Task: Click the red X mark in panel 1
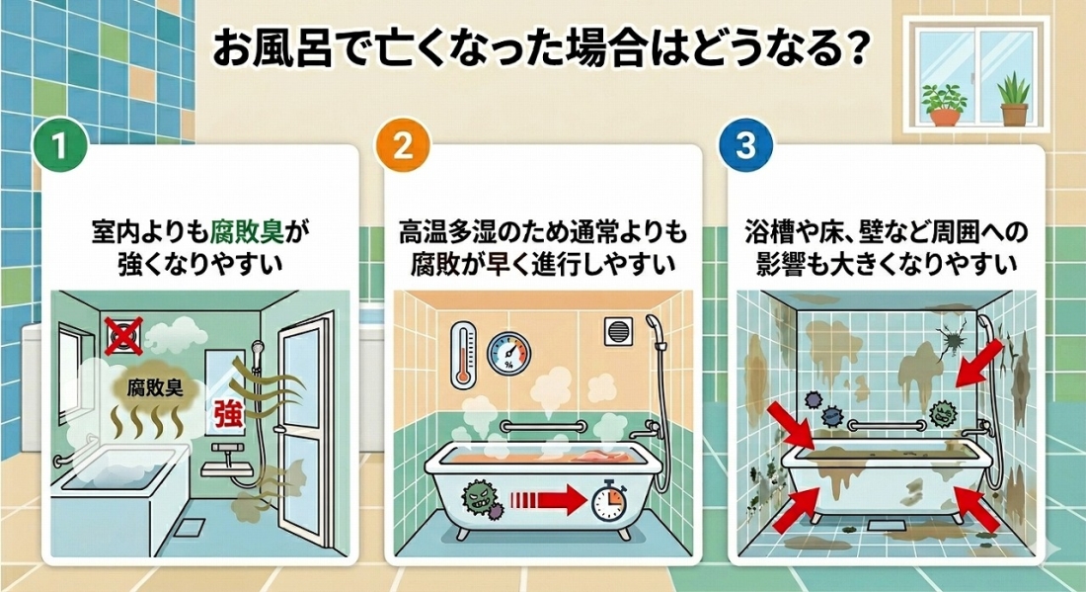[x=124, y=335]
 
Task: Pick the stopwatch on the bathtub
[x=605, y=503]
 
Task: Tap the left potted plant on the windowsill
[x=944, y=103]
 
